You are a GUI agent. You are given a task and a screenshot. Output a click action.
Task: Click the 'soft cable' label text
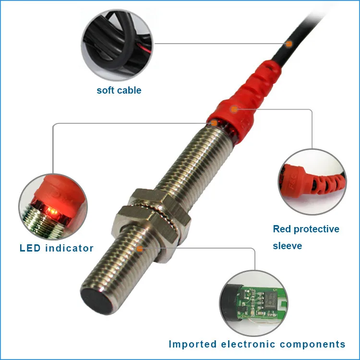pyautogui.click(x=119, y=90)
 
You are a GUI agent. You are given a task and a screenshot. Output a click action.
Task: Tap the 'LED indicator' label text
pyautogui.click(x=56, y=248)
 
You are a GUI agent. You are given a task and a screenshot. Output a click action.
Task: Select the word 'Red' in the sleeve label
pyautogui.click(x=282, y=229)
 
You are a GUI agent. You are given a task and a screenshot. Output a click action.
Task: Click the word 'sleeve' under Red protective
pyautogui.click(x=288, y=246)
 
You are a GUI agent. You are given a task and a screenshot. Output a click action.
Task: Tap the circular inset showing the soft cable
pyautogui.click(x=117, y=41)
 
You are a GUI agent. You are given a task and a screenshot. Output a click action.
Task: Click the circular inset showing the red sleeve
pyautogui.click(x=312, y=181)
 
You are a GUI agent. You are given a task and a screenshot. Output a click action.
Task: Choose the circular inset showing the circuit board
pyautogui.click(x=254, y=302)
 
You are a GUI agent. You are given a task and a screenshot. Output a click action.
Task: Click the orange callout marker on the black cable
pyautogui.click(x=289, y=44)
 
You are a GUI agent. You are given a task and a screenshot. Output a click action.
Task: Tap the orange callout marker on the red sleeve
pyautogui.click(x=234, y=109)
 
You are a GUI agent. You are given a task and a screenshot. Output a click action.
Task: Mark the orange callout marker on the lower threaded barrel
pyautogui.click(x=140, y=249)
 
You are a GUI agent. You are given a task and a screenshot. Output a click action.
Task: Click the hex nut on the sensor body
pyautogui.click(x=153, y=212)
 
